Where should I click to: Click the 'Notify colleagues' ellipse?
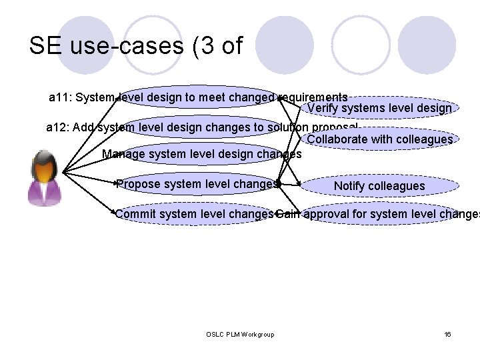(x=379, y=185)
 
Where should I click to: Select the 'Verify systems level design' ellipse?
(x=379, y=108)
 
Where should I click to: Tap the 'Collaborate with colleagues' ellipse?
(x=379, y=139)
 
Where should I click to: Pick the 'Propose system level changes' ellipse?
(x=197, y=184)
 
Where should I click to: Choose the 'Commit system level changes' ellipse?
(x=194, y=214)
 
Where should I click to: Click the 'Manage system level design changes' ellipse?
(x=201, y=154)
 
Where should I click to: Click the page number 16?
(x=447, y=333)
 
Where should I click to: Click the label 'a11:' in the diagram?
(x=61, y=97)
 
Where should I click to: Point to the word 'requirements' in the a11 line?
(x=313, y=97)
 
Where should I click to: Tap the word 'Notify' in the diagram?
(x=349, y=185)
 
